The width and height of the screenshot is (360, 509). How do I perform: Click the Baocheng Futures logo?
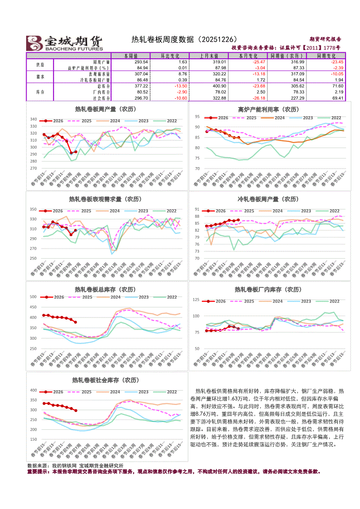[65, 43]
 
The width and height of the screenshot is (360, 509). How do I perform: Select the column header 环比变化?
[169, 56]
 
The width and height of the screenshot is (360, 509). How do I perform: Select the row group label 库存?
[40, 92]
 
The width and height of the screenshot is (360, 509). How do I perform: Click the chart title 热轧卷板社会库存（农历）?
[107, 380]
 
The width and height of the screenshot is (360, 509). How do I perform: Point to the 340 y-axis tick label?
[33, 119]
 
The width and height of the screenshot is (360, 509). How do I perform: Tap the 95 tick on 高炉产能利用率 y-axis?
[197, 117]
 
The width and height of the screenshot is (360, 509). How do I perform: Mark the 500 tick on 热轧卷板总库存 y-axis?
[33, 297]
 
